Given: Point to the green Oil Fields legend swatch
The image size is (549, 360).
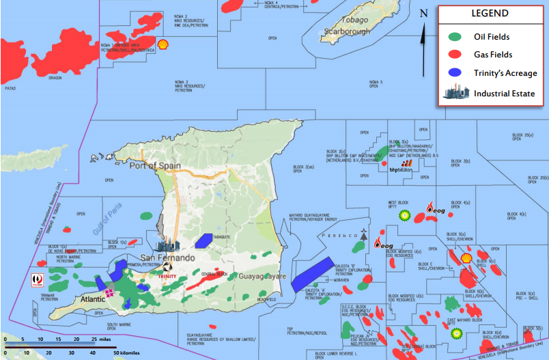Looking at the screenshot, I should coord(457,37).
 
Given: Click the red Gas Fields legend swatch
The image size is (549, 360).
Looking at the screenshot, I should coord(457,55).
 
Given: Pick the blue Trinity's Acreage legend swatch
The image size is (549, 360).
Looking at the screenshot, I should coord(457,72).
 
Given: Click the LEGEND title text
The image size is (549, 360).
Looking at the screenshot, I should coord(490,14).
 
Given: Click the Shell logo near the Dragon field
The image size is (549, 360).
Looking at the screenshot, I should coord(163,44).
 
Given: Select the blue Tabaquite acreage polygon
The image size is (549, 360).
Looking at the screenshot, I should coord(203,241).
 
